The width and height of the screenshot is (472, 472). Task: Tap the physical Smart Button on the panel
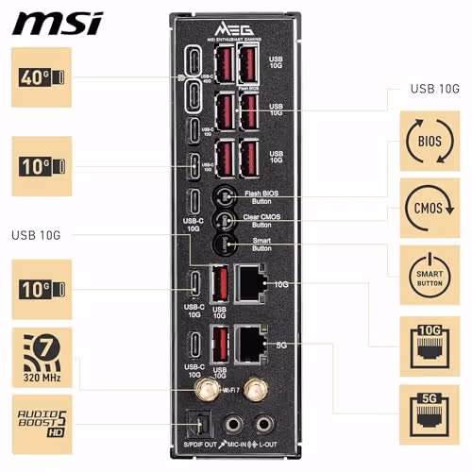coord(224,245)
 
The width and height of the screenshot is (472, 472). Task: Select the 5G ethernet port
coord(251,346)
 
